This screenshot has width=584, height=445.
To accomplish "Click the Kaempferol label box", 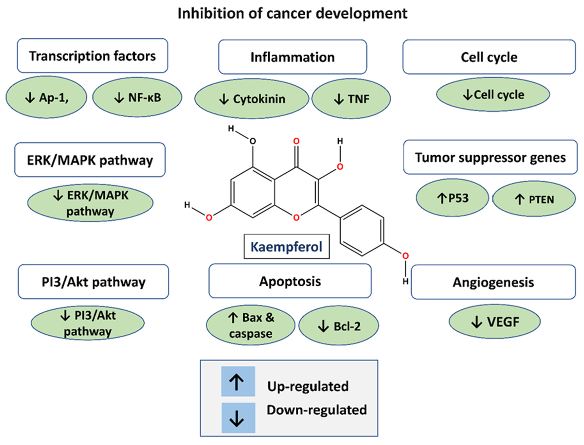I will (x=287, y=247).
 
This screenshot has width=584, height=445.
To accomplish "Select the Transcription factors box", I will (x=92, y=56).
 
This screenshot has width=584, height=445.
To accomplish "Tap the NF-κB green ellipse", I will (x=137, y=97).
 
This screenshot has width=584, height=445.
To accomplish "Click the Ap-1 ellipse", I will (x=46, y=97).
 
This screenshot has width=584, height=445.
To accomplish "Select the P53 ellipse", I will (x=452, y=198).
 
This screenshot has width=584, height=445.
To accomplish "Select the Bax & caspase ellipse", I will (x=251, y=325).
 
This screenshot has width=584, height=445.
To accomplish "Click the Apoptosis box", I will (x=290, y=281).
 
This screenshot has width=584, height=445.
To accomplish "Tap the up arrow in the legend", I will (x=238, y=381).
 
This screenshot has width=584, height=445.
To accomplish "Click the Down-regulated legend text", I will (x=317, y=410).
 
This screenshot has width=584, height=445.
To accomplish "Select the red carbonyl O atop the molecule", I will (x=296, y=141).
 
